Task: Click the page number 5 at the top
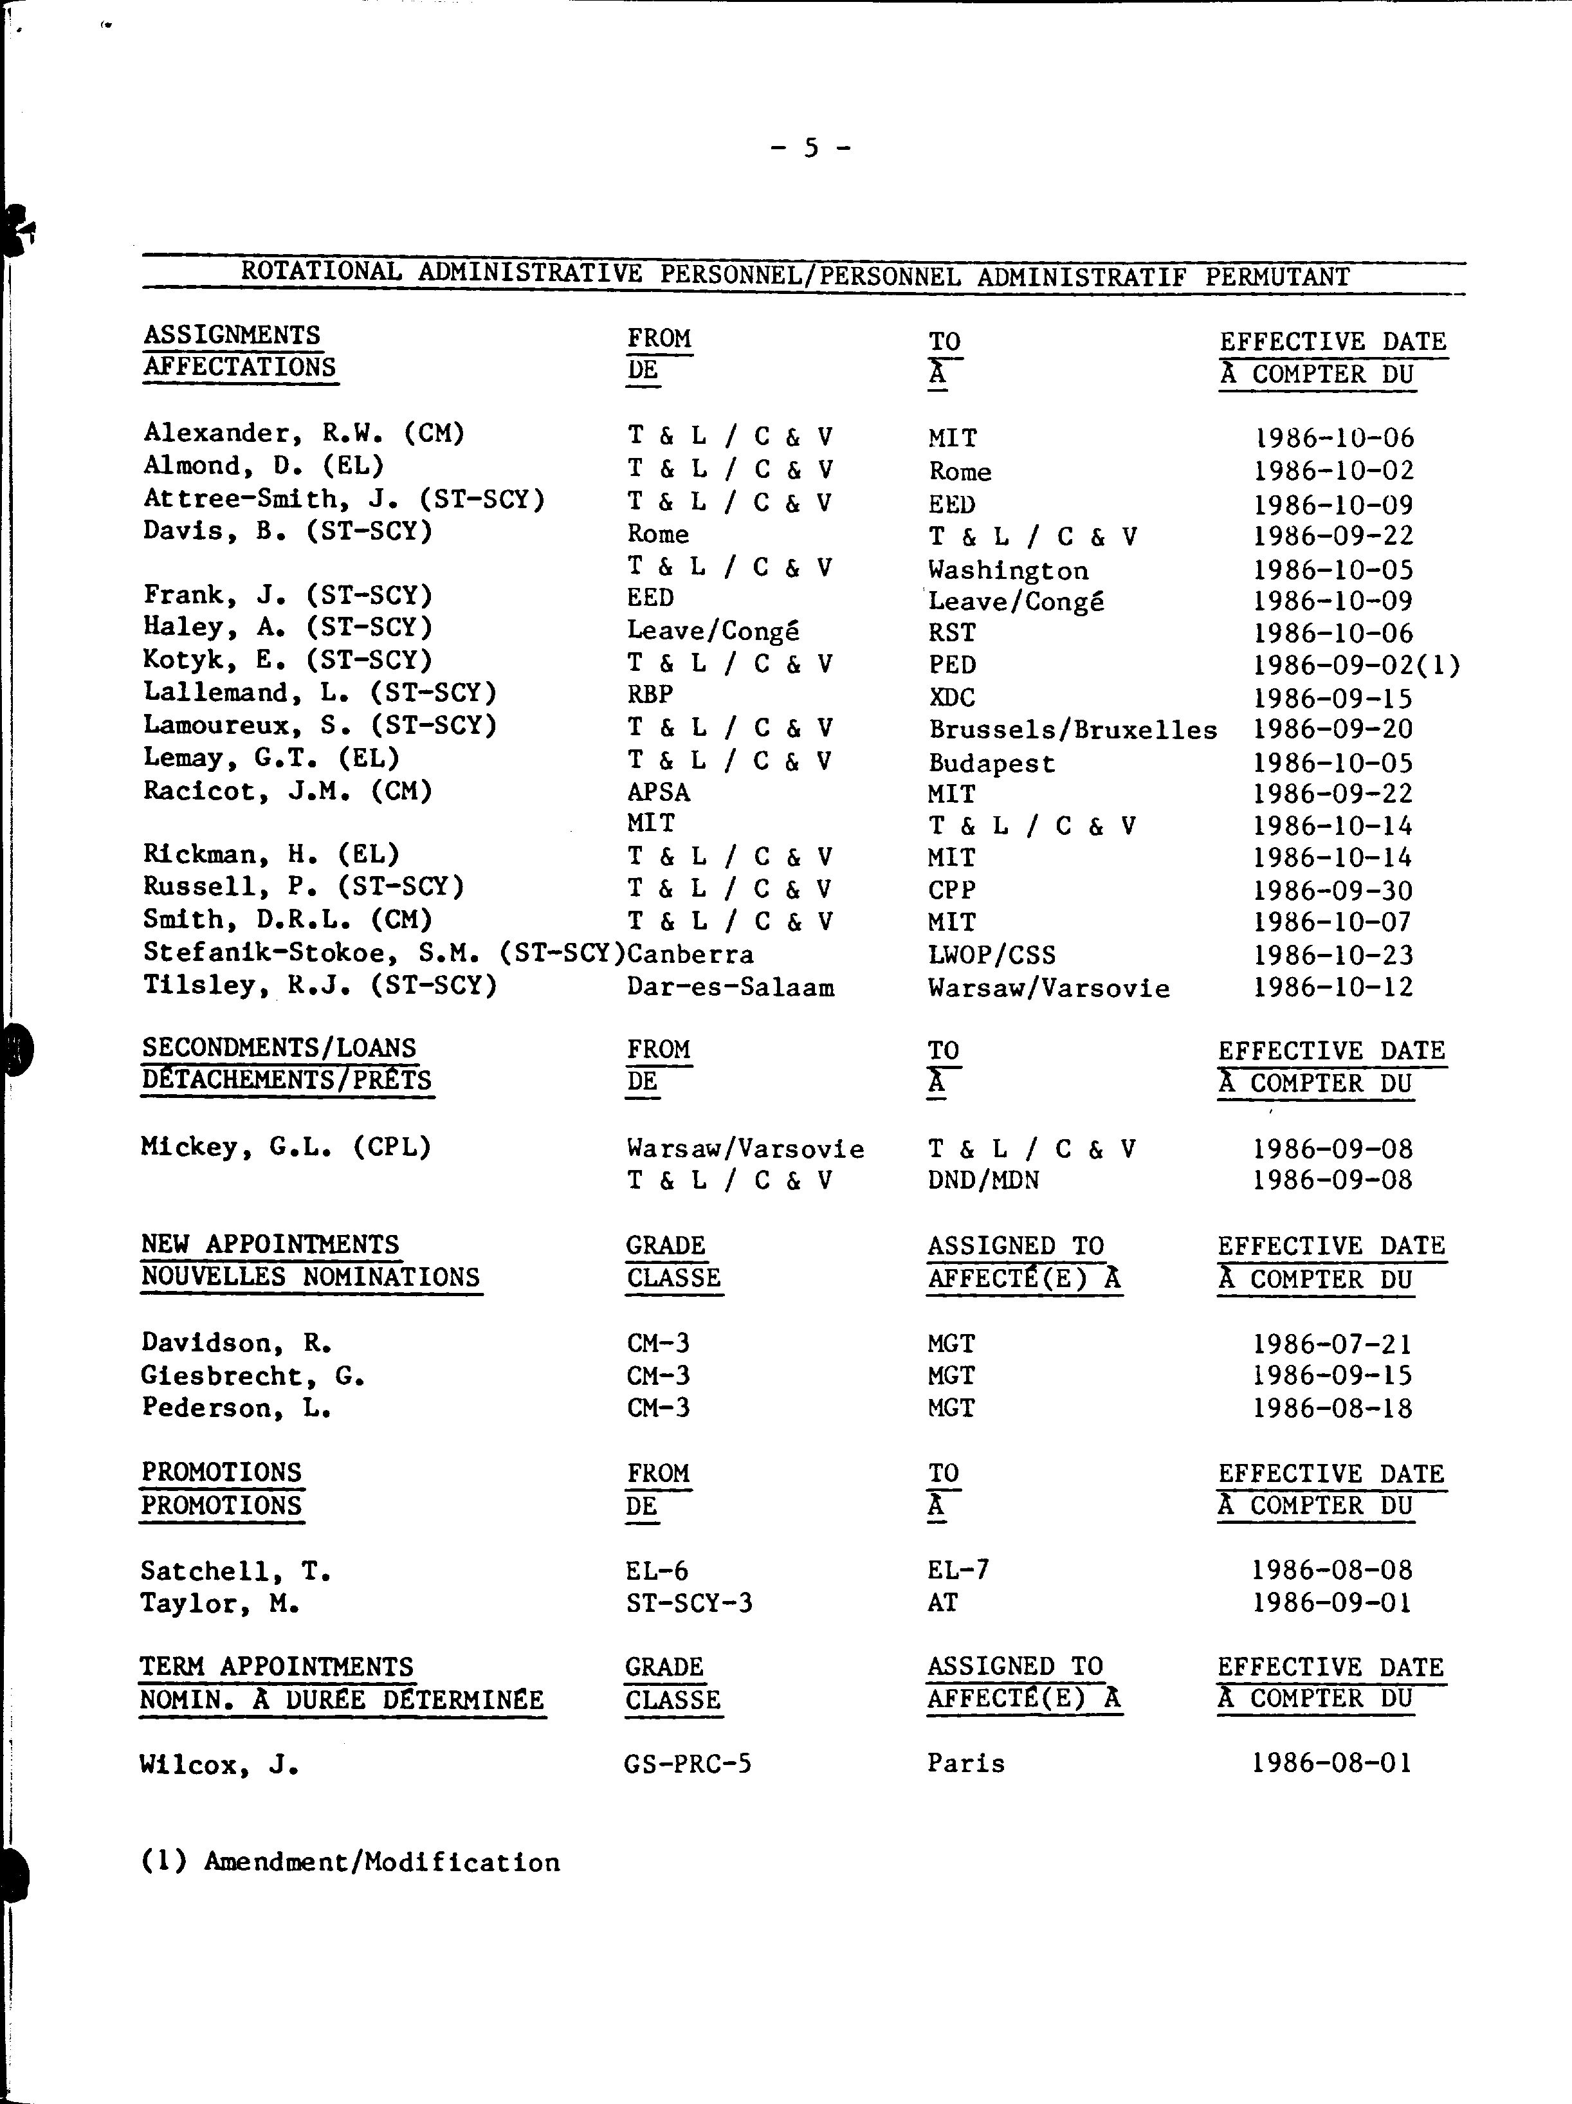coord(810,147)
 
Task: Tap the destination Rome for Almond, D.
coord(960,471)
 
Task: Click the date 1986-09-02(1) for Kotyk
coord(1355,665)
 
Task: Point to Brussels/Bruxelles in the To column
coord(1072,729)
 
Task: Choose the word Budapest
coord(991,763)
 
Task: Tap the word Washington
coord(1007,571)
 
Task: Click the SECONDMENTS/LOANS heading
coord(279,1048)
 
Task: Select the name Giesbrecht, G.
coord(252,1375)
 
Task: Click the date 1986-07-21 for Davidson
coord(1331,1344)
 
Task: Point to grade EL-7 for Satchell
coord(958,1569)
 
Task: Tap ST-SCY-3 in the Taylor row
coord(688,1604)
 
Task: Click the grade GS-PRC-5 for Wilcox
coord(688,1764)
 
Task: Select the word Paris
coord(965,1764)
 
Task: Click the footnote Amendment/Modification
coord(381,1862)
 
